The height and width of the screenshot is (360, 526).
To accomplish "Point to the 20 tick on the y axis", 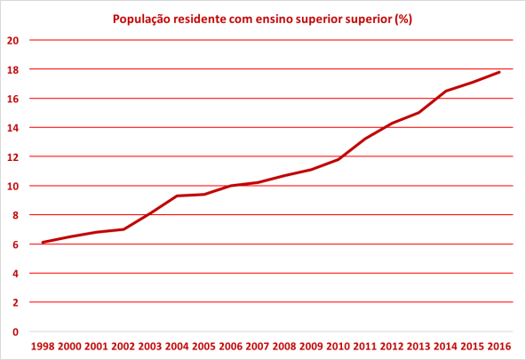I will coord(13,40).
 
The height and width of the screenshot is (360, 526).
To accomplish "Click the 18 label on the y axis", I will coord(13,69).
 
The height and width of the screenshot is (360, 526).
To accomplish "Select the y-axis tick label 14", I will coord(13,127).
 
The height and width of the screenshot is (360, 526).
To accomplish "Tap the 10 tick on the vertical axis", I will coord(13,186).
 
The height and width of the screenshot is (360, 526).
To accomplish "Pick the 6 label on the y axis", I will coord(15,244).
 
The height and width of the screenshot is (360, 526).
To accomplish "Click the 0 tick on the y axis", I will coord(15,332).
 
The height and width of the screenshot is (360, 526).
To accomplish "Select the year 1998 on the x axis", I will coord(43,347).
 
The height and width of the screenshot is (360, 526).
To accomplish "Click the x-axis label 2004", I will coord(178,347).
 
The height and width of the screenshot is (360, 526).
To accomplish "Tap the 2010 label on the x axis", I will coord(339,347).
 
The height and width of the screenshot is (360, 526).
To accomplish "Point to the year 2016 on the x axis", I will coord(499,347).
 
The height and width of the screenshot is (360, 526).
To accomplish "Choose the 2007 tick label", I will coord(258,347).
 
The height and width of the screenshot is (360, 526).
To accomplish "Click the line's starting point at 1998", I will coord(43,242).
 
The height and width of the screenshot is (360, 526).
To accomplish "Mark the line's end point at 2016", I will coord(499,72).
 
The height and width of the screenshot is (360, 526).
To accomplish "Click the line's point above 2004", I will coord(178,196).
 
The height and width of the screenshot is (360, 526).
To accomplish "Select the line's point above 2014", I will coord(446,91).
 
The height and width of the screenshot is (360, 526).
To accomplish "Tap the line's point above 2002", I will coord(124,229).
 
